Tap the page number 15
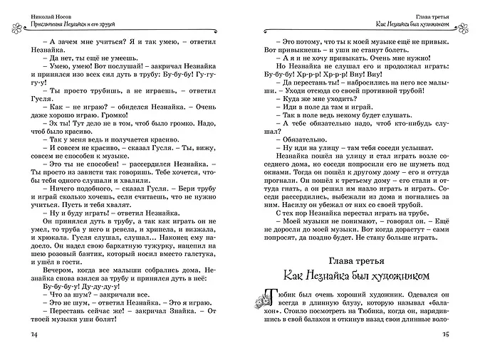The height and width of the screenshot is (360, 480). [447, 336]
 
